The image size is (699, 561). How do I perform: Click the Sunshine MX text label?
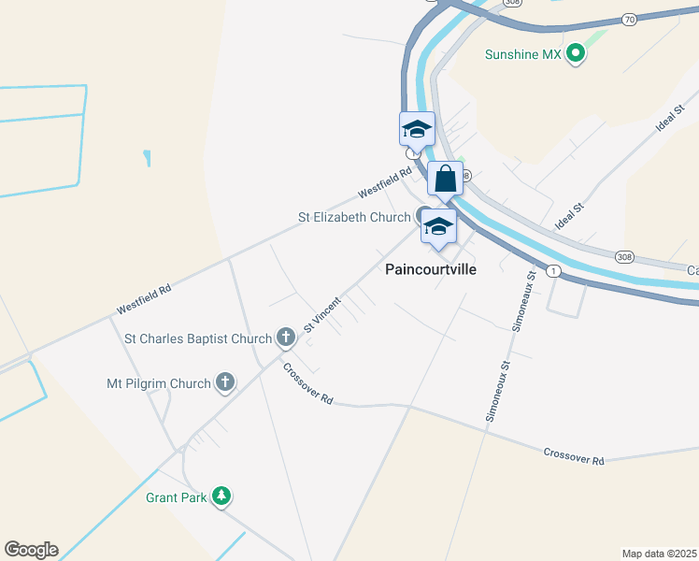coord(522,54)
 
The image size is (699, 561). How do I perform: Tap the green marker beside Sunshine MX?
coord(577,54)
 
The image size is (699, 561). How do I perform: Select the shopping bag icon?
coord(446,177)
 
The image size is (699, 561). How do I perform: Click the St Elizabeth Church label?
coord(354,217)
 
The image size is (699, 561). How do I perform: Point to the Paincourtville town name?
coord(431,269)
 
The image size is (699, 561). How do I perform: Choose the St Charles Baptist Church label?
coord(198,337)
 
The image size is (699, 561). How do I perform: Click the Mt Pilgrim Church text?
coord(158,382)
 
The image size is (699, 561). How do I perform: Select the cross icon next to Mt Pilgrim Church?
coord(224,382)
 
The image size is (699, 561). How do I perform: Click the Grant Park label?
coord(176,497)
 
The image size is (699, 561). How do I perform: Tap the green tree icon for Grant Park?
coord(221,496)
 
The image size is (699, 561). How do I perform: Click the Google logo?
coord(31,550)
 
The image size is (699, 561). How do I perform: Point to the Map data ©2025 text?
coord(658,553)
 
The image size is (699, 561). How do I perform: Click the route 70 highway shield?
coord(628,19)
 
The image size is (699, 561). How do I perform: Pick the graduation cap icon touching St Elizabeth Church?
coord(437,226)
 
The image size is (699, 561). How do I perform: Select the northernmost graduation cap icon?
coord(417,128)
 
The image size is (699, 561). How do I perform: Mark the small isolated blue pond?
coord(147,158)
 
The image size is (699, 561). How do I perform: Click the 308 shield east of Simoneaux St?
coord(624,255)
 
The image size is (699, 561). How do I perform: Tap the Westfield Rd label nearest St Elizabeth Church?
coord(385,183)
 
